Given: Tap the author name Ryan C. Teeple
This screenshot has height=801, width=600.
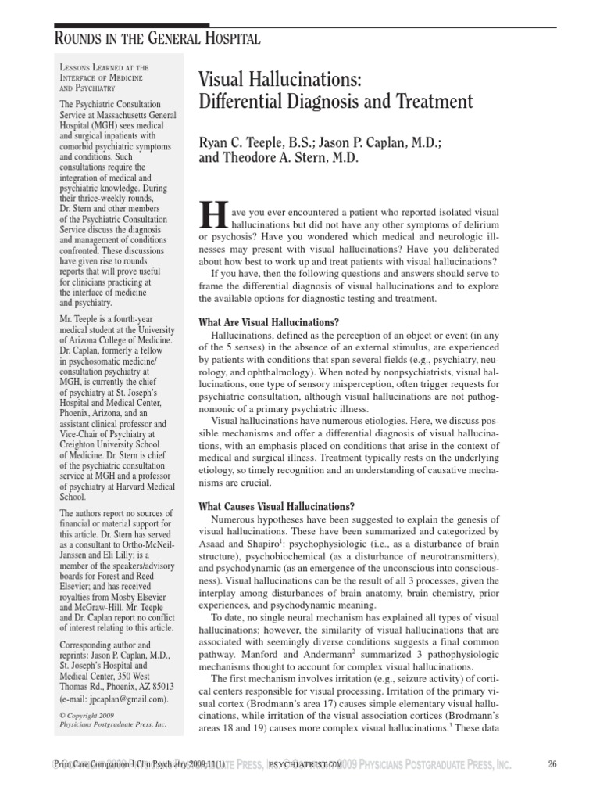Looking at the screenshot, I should [x=255, y=143].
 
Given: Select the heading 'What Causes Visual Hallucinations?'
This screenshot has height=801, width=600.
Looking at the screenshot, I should [x=277, y=506].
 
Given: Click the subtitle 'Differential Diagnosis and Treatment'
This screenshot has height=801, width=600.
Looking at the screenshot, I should [x=337, y=102].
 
